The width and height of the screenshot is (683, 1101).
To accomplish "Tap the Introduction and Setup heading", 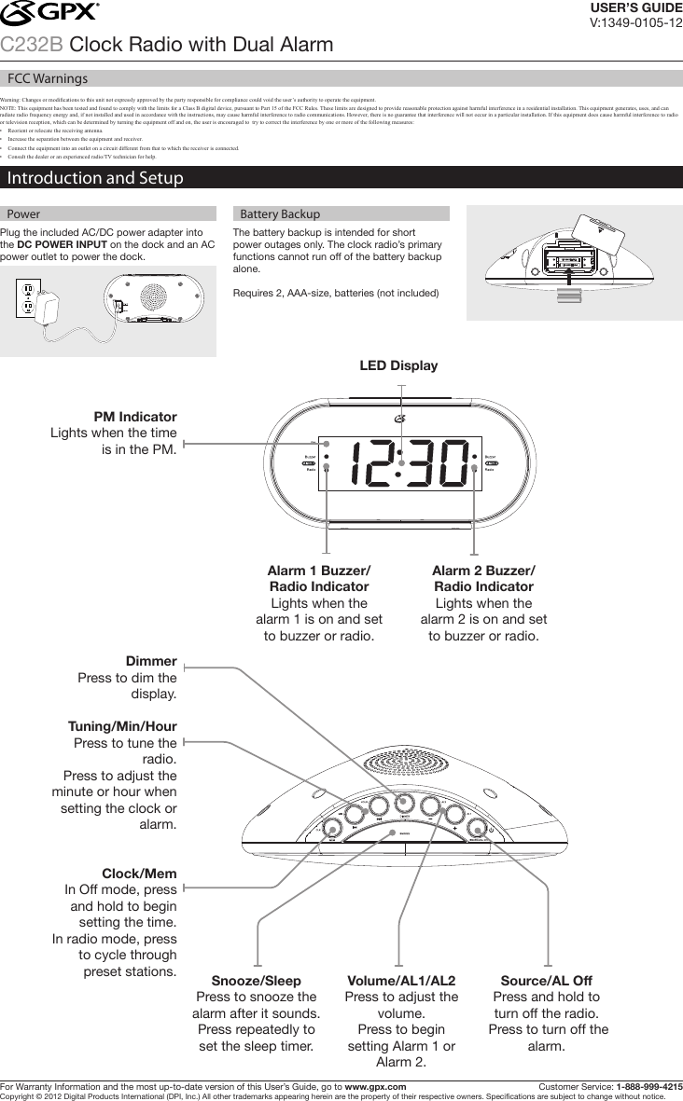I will point(95,178).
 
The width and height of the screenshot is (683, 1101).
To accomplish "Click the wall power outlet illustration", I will point(27,297).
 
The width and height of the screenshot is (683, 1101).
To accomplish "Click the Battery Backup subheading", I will point(280,213).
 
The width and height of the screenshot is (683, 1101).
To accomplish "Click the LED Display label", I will point(398,365).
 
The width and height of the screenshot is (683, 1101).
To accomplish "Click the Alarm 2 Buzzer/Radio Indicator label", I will point(483,578).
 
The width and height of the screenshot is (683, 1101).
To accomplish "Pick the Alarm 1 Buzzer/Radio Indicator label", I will point(318,578).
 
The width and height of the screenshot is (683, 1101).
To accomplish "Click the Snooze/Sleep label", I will point(256,982).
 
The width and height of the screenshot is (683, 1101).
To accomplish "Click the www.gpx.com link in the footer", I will point(375,1086).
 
